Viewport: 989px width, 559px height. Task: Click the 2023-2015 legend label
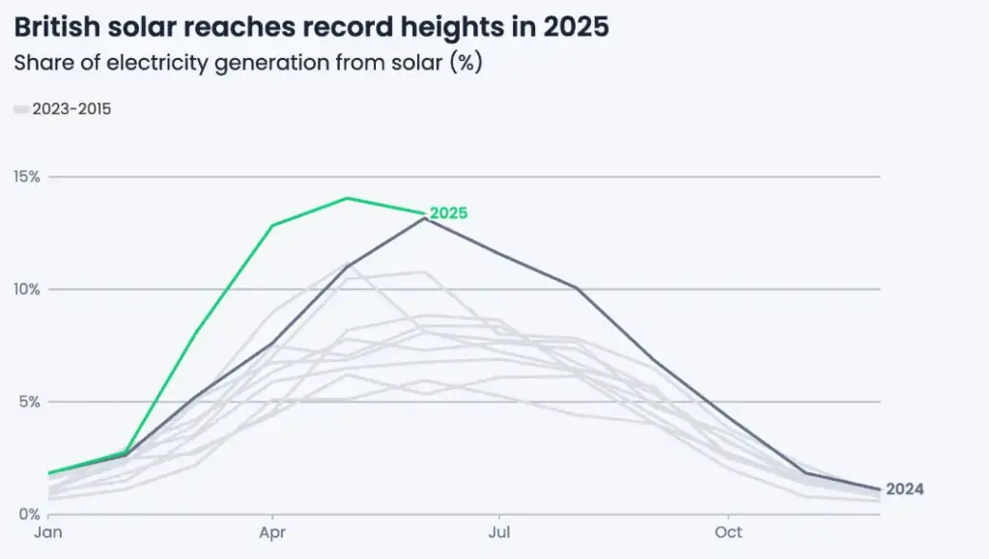click(x=71, y=109)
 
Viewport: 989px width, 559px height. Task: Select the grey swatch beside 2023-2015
click(x=21, y=110)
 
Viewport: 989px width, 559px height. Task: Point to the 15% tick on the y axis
click(x=26, y=177)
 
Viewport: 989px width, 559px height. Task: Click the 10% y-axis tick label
click(x=26, y=289)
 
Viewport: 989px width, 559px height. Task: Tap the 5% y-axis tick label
click(x=30, y=402)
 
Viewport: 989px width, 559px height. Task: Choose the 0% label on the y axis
click(x=30, y=514)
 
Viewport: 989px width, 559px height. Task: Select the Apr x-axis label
click(x=273, y=532)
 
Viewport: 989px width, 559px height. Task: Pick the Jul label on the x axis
click(x=499, y=532)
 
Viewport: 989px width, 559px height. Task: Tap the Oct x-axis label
click(x=728, y=532)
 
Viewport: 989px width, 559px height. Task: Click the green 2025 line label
click(x=448, y=213)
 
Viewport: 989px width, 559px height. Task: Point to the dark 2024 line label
click(x=904, y=489)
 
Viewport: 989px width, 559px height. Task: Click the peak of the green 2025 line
click(x=347, y=198)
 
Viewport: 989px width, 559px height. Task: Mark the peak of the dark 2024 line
click(x=424, y=218)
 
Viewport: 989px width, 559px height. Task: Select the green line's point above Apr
click(x=273, y=225)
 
